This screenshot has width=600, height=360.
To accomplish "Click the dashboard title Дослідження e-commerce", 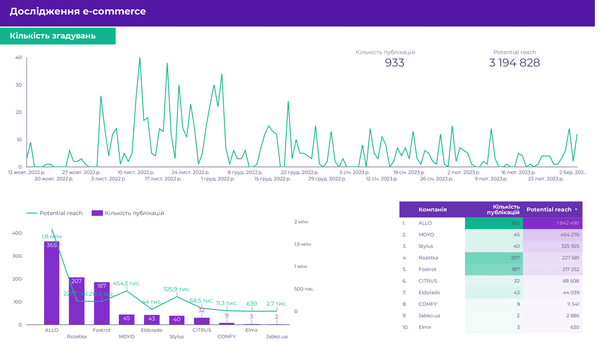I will [x=77, y=12].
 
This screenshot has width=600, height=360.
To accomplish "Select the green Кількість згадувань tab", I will [x=53, y=36].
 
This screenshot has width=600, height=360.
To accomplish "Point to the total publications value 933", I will [x=394, y=63].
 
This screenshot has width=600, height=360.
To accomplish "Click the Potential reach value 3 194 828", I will [x=514, y=63].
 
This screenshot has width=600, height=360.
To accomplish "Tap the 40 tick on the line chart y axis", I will [x=18, y=58].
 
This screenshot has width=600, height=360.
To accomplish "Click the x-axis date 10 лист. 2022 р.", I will [x=135, y=172].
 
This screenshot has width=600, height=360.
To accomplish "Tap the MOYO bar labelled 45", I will [x=126, y=319].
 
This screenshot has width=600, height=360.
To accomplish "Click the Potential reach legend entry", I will [x=54, y=213].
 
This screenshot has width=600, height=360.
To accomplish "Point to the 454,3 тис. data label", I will [x=126, y=283].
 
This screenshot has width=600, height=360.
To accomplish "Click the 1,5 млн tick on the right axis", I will [x=302, y=244].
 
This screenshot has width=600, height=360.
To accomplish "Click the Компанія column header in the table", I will [x=433, y=210].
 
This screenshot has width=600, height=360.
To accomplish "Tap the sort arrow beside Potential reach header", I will [x=576, y=210].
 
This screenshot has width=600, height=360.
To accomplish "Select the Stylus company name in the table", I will [x=426, y=247].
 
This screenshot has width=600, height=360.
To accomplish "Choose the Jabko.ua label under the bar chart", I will [x=276, y=337].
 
